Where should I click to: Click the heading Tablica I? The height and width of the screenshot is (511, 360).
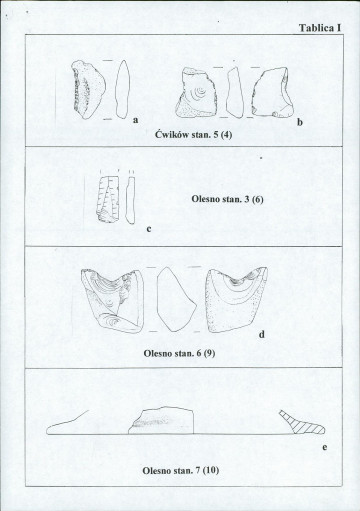(x=320, y=28)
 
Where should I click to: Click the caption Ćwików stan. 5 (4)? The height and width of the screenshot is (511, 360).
(x=193, y=135)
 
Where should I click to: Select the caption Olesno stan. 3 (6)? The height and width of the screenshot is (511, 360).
(x=227, y=199)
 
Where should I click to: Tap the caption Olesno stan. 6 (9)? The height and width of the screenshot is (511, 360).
(x=179, y=353)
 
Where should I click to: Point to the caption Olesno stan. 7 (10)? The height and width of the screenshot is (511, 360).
(x=181, y=470)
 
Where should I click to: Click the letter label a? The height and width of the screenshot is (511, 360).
(x=135, y=120)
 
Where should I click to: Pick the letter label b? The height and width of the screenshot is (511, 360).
(x=300, y=122)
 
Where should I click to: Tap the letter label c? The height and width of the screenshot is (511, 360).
(x=149, y=229)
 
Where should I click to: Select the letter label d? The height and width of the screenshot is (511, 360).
(x=262, y=334)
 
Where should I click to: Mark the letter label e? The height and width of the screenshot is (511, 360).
(x=324, y=447)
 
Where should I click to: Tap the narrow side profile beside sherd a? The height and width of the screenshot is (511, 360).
(x=122, y=89)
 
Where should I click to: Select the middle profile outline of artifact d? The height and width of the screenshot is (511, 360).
(x=176, y=299)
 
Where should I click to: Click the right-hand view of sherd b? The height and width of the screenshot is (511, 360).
(x=273, y=92)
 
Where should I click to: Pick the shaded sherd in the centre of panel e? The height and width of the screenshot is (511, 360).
(x=161, y=420)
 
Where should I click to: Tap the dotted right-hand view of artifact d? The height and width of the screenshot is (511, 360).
(x=237, y=299)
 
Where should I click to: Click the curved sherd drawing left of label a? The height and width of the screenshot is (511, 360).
(x=88, y=89)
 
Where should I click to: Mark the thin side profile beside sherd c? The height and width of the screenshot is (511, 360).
(x=130, y=200)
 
